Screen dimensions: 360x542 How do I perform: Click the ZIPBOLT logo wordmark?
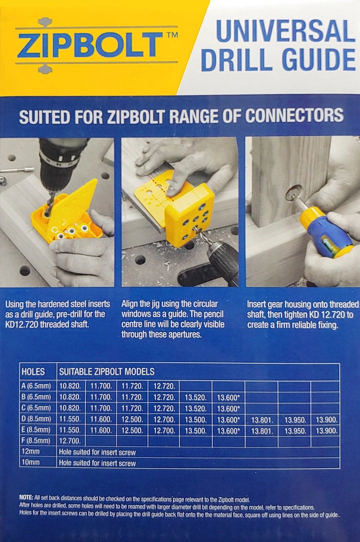pyautogui.click(x=90, y=45)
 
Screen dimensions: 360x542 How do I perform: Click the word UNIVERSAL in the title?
pyautogui.click(x=285, y=31)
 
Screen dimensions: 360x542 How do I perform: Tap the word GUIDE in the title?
pyautogui.click(x=319, y=60)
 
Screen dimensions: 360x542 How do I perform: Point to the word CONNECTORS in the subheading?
pyautogui.click(x=294, y=116)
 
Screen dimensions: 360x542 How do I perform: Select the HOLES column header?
pyautogui.click(x=33, y=371)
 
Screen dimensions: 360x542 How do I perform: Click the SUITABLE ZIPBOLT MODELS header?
pyautogui.click(x=107, y=371)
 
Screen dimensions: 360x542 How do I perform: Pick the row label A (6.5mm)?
pyautogui.click(x=36, y=386)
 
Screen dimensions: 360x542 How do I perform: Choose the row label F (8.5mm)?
pyautogui.click(x=35, y=440)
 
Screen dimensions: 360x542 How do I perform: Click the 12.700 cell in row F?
pyautogui.click(x=70, y=440)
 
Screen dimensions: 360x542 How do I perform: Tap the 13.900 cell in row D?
pyautogui.click(x=326, y=420)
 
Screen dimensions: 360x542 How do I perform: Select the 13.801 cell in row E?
pyautogui.click(x=262, y=431)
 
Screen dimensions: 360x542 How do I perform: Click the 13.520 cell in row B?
pyautogui.click(x=195, y=397)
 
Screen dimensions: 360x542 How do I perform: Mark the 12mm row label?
pyautogui.click(x=30, y=452)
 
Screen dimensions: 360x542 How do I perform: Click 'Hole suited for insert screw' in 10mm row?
pyautogui.click(x=97, y=463)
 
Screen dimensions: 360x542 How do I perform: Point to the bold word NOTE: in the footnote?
pyautogui.click(x=26, y=498)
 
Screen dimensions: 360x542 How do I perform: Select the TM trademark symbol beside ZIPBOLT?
pyautogui.click(x=172, y=34)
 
